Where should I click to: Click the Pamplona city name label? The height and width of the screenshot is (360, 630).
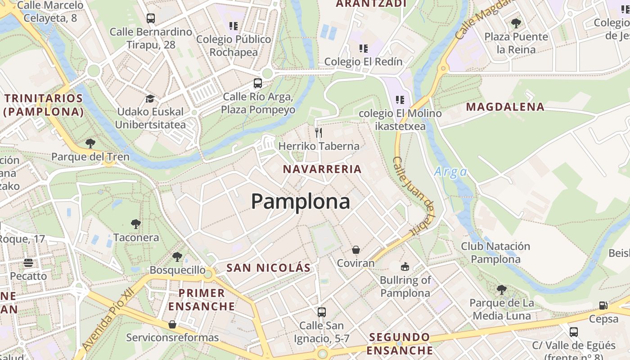click(300, 201)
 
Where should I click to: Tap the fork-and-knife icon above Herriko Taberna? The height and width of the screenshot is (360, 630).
click(319, 132)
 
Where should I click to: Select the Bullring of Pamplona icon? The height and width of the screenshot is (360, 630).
click(405, 266)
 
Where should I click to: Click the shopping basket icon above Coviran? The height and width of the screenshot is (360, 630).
click(356, 249)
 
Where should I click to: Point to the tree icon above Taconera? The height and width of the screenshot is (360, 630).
click(135, 224)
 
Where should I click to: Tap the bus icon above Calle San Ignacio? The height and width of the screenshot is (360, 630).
click(321, 312)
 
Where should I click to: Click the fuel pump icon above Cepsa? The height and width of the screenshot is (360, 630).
click(603, 305)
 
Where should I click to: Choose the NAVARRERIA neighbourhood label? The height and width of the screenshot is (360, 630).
click(322, 169)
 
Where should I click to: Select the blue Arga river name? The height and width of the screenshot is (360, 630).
click(450, 172)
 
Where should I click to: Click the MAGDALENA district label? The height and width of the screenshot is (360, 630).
click(505, 107)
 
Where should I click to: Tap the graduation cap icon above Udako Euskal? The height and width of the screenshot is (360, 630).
click(150, 98)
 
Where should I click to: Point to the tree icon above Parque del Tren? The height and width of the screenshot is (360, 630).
click(90, 144)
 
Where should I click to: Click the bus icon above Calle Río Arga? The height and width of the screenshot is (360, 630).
click(258, 83)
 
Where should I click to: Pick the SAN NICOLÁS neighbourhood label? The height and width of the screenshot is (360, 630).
click(268, 268)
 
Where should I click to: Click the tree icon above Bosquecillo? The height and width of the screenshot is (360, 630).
click(177, 257)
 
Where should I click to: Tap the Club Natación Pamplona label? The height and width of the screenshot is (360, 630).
click(495, 252)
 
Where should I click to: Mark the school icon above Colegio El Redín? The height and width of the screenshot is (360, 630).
click(363, 48)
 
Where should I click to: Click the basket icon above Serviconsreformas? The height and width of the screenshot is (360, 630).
click(172, 324)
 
